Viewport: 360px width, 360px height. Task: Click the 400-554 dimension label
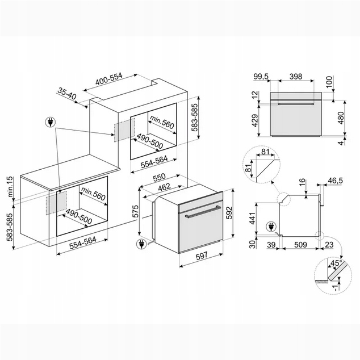click(109, 79)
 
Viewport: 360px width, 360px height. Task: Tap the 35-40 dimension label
click(66, 94)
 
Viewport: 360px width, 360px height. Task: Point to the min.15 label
click(10, 187)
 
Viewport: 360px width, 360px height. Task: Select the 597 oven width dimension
click(202, 256)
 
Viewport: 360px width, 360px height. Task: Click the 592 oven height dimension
click(229, 213)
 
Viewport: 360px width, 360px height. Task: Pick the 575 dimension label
click(136, 211)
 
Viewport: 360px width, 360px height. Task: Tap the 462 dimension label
click(165, 187)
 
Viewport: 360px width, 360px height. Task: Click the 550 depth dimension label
click(160, 177)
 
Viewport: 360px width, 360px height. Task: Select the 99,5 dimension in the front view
click(261, 77)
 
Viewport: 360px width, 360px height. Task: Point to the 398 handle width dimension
click(296, 77)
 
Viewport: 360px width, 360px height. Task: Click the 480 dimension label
click(341, 118)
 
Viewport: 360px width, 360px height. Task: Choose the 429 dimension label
click(255, 120)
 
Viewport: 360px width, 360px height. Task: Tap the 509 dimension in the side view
click(300, 245)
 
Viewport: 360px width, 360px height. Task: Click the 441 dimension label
click(252, 219)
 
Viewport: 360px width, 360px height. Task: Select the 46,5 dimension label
click(335, 181)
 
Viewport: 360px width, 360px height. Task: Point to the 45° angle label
click(336, 263)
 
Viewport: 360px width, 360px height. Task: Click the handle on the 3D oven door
click(203, 212)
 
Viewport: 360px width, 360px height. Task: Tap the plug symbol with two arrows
click(50, 122)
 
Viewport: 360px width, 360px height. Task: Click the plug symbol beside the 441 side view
click(271, 227)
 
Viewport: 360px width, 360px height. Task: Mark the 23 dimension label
click(329, 245)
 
